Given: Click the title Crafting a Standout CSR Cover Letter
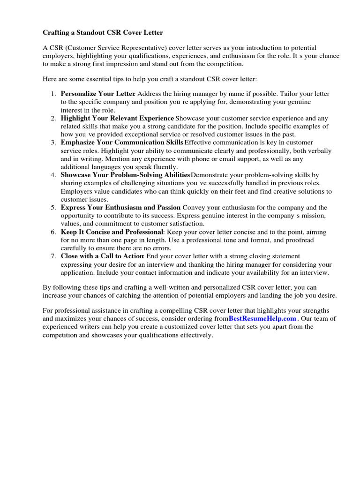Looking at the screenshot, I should [103, 33].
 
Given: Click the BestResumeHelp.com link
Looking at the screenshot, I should [262, 319].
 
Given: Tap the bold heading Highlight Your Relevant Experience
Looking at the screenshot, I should [117, 118].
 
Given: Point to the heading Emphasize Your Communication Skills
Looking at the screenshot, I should [122, 142].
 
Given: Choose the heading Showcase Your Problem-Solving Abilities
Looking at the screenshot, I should [125, 175].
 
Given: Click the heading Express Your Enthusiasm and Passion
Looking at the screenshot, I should [120, 207].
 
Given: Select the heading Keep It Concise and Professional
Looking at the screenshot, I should [112, 232].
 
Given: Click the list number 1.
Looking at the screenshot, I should [53, 94].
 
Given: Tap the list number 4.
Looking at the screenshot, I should [53, 175].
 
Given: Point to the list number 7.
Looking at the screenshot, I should [53, 256].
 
